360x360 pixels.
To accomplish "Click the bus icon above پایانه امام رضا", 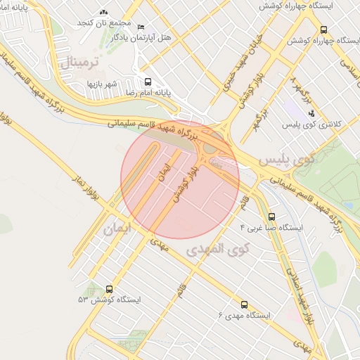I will [148, 80].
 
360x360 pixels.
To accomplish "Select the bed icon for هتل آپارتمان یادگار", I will [143, 26].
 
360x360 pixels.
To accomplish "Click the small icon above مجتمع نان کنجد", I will [105, 12].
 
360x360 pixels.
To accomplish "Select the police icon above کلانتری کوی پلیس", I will [311, 113].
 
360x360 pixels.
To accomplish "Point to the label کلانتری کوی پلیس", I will [311, 124].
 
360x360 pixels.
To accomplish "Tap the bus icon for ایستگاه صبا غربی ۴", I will [272, 217].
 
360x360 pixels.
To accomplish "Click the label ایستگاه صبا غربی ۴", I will [271, 228].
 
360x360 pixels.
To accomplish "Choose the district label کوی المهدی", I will [219, 249].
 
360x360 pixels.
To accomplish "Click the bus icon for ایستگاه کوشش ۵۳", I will [109, 288].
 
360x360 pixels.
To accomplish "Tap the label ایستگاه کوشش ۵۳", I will [110, 300].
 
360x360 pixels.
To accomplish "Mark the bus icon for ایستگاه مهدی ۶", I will [244, 305].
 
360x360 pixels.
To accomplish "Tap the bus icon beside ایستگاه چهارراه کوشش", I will [323, 30].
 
